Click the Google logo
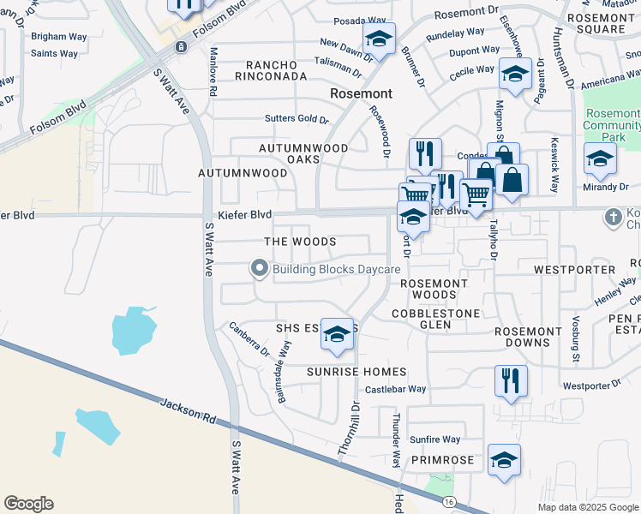(x=28, y=504)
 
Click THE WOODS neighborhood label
(x=299, y=242)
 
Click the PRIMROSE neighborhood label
(x=441, y=460)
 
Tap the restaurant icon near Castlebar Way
(x=511, y=380)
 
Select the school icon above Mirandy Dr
(x=600, y=158)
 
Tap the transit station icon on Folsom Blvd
(x=181, y=46)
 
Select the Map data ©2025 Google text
(x=587, y=507)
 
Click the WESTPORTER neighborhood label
(x=574, y=269)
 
